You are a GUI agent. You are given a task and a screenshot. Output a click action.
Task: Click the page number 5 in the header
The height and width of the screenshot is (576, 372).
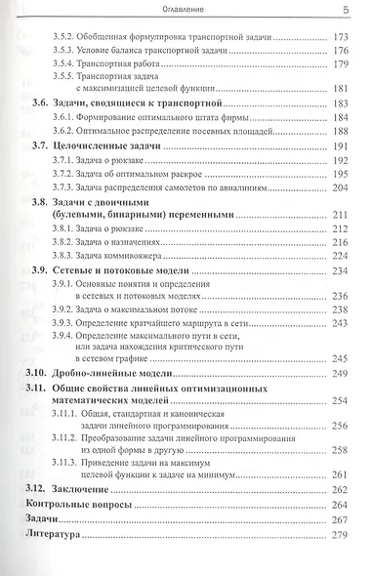[x=346, y=10]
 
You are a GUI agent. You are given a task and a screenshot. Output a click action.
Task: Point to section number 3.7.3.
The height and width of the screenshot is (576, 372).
[x=63, y=186]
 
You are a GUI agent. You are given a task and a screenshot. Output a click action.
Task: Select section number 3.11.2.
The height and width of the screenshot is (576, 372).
[x=66, y=438]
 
